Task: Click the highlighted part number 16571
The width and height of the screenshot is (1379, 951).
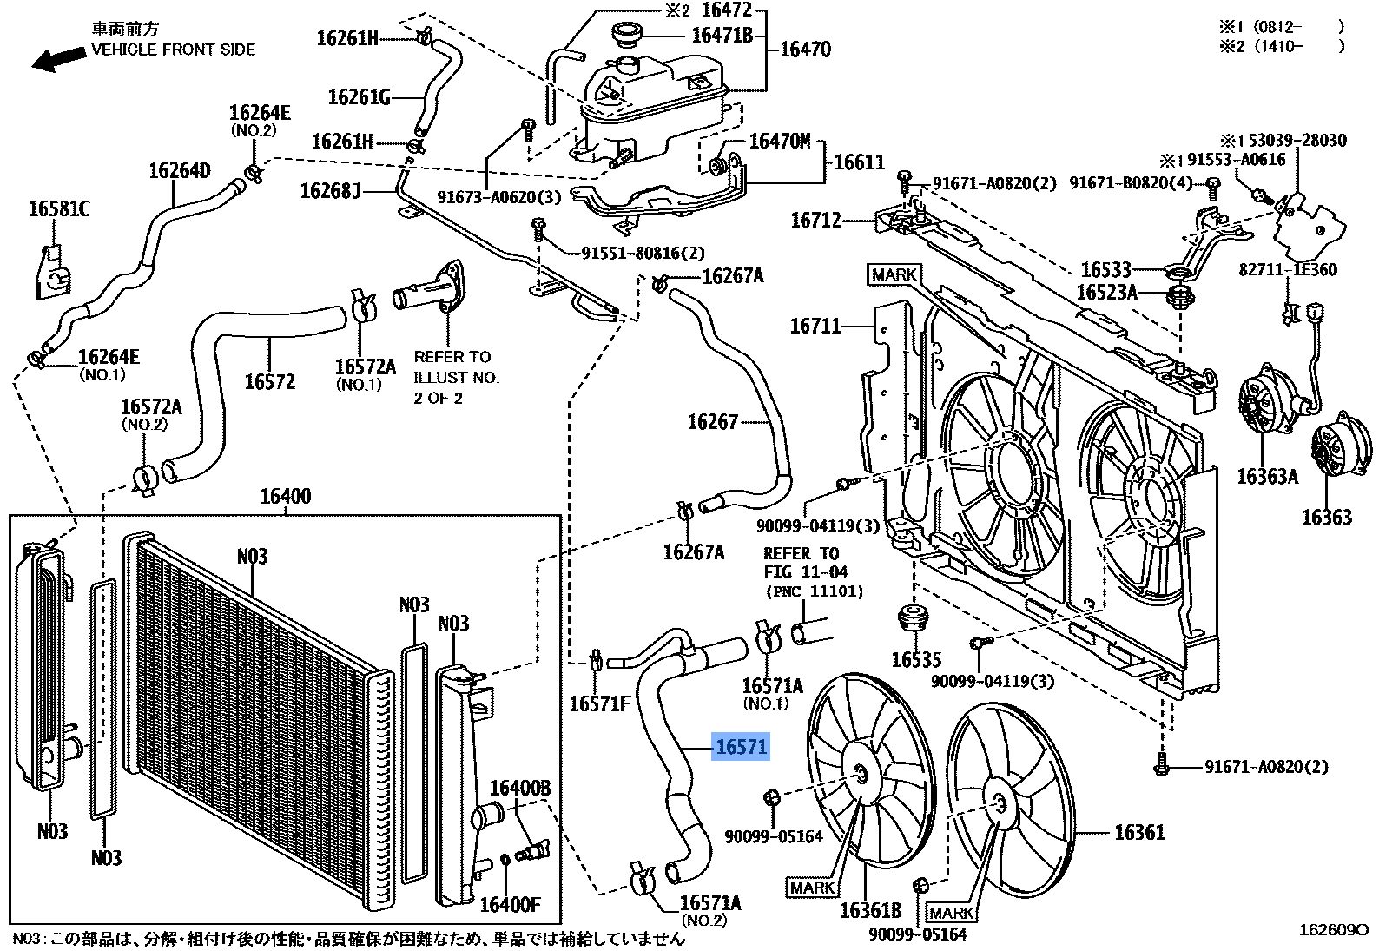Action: coord(741,747)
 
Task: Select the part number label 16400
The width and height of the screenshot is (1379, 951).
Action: coord(285,497)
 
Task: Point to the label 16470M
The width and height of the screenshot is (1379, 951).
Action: coord(779,142)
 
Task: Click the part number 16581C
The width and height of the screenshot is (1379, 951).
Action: coord(58,209)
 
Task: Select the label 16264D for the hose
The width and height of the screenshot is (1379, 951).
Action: coord(179,171)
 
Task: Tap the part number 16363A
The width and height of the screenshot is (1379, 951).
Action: coord(1266,477)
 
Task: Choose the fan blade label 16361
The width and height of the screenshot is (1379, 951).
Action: coord(1139,833)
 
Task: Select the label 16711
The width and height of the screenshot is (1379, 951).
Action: coord(815,327)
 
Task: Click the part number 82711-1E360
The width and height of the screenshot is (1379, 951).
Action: coord(1287,270)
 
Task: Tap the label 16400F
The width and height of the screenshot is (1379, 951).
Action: coord(510,905)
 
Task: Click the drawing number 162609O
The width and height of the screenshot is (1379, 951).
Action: coord(1333,930)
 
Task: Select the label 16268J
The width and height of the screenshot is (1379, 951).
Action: coord(330,191)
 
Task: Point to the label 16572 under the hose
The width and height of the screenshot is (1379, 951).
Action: coord(269,382)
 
